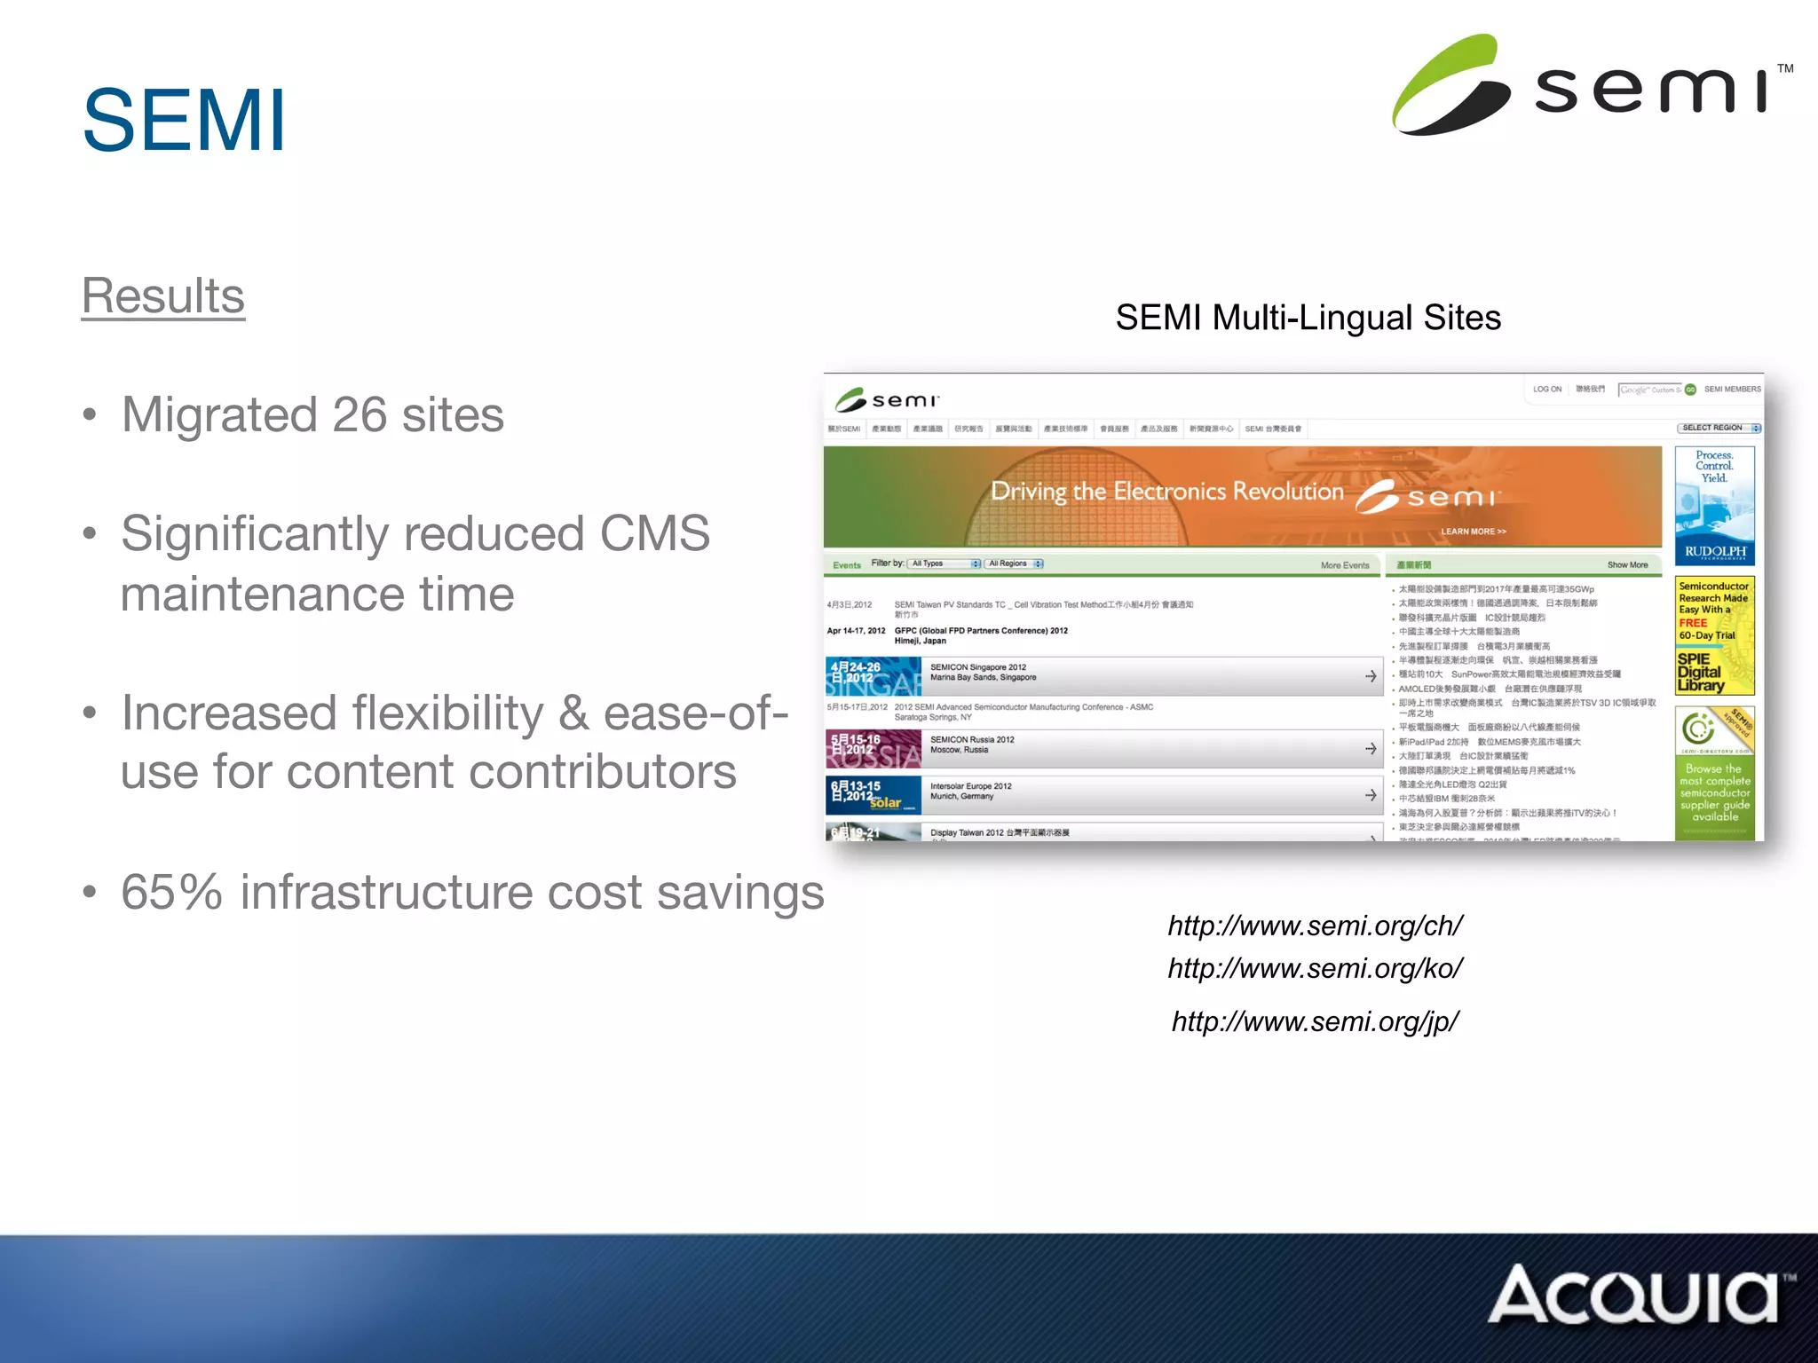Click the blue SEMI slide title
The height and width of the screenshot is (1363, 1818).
click(184, 121)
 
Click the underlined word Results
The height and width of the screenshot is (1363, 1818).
click(163, 295)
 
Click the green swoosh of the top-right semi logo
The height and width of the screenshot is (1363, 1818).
click(1447, 84)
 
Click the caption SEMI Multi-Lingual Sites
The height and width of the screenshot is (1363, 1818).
click(1308, 318)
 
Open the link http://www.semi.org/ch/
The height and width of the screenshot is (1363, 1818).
click(1315, 926)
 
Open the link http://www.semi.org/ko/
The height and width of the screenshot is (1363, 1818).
click(1315, 968)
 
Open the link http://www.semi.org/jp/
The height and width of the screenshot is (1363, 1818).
click(1315, 1021)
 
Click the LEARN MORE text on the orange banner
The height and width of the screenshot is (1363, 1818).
click(1473, 532)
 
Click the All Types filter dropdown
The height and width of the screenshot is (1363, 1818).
click(945, 563)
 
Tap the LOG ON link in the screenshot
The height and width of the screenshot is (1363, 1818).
click(1546, 389)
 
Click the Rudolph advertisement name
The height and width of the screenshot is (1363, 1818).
click(1714, 552)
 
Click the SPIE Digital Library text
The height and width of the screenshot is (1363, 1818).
click(1700, 673)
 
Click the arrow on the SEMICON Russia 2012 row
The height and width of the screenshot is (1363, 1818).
click(1371, 749)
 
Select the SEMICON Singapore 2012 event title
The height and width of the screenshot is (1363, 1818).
click(977, 667)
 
